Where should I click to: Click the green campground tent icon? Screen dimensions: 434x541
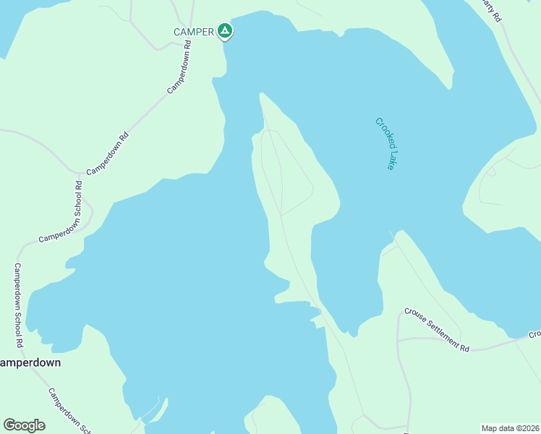coord(225,30)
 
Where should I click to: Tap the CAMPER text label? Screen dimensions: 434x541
coord(194,32)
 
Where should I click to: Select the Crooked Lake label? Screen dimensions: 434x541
coord(386,143)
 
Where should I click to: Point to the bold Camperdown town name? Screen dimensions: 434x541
coord(29,362)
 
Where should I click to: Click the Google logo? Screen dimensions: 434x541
coord(24,425)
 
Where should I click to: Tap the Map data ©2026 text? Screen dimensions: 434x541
coord(510,428)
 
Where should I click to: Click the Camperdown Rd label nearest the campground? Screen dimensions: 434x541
coord(180,66)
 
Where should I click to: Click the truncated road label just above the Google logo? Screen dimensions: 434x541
coord(69,411)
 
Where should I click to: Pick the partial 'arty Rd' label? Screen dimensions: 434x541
coord(492,10)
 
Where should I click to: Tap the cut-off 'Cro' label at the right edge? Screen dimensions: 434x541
coord(534,334)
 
